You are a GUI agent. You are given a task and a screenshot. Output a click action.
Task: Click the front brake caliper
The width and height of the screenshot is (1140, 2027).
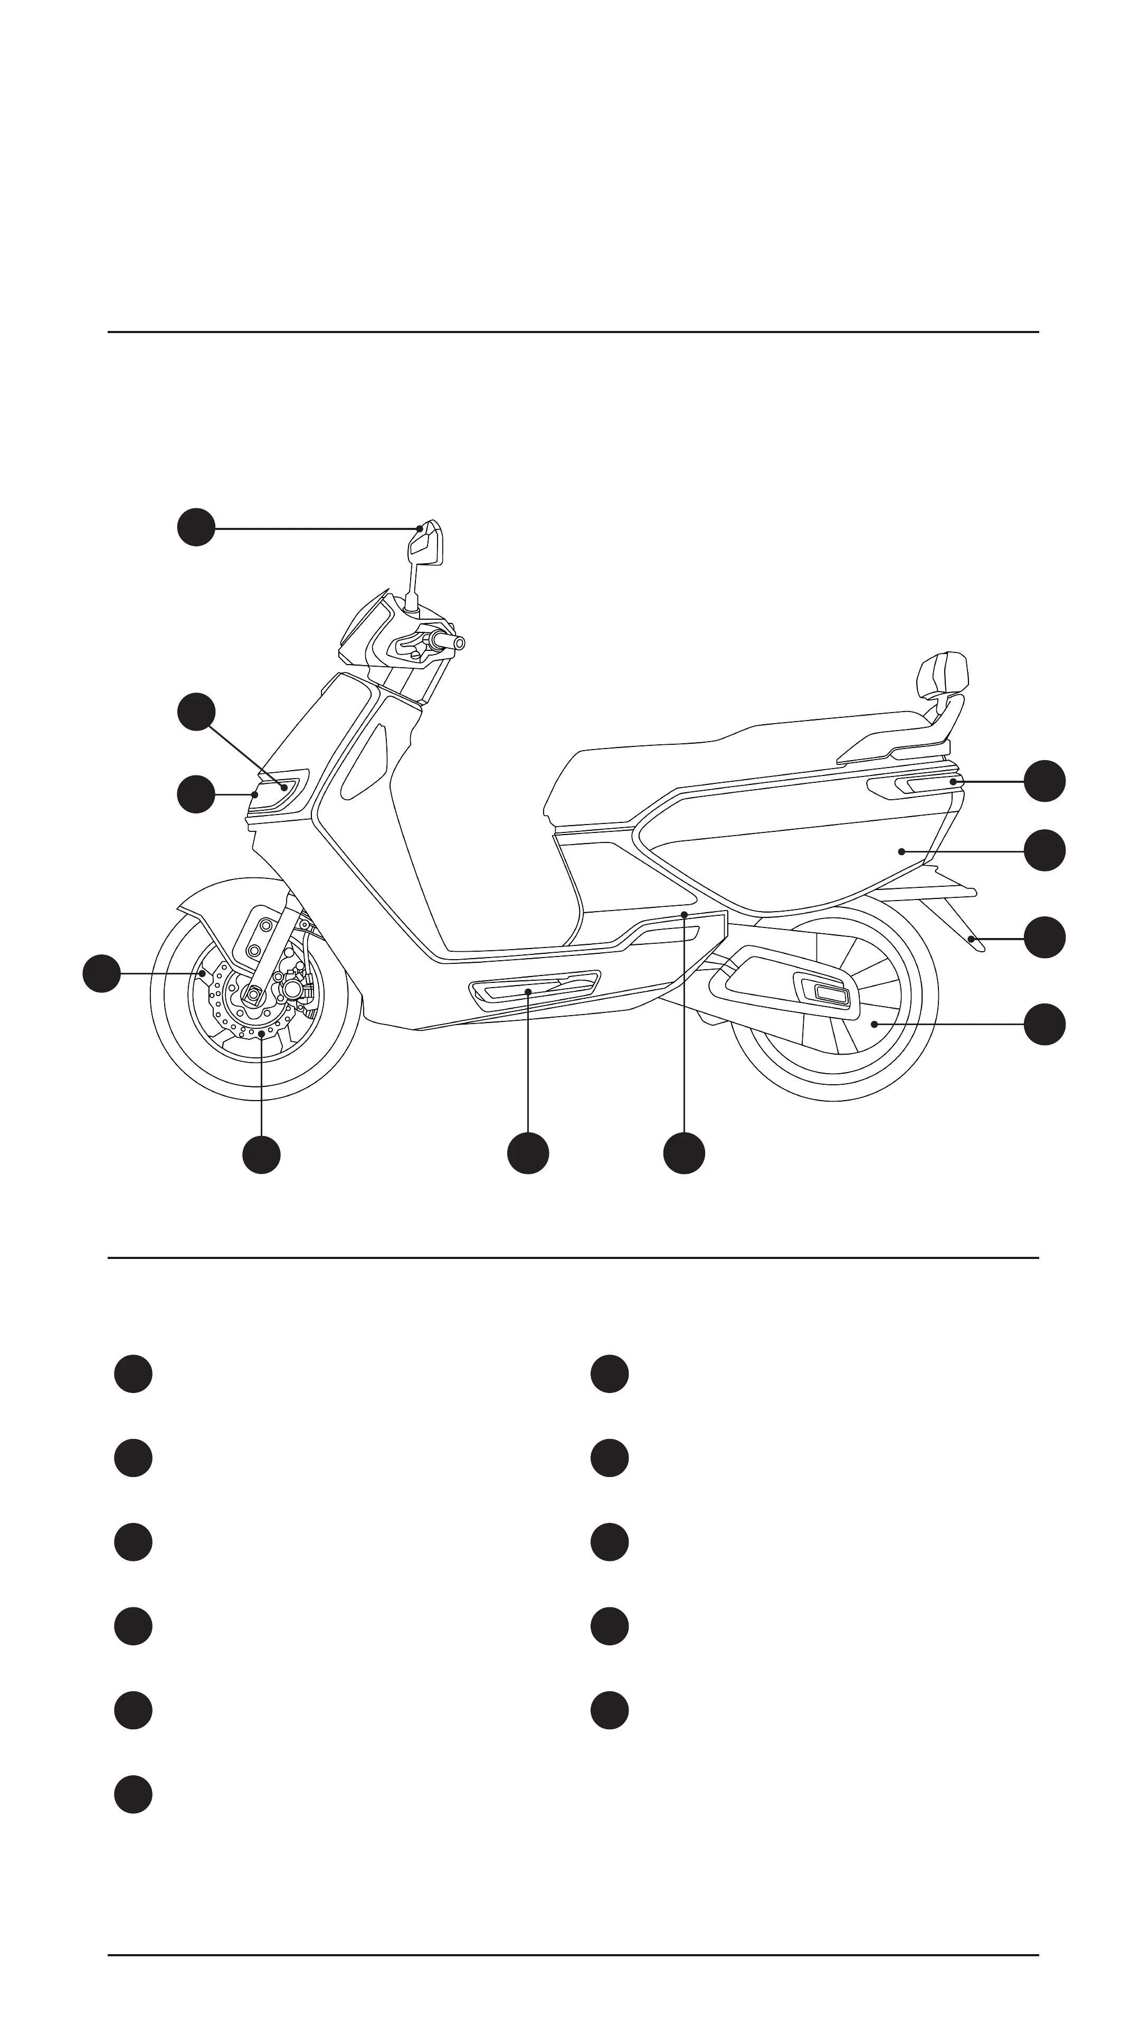294,987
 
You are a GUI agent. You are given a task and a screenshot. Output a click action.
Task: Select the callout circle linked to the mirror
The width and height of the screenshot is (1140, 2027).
196,527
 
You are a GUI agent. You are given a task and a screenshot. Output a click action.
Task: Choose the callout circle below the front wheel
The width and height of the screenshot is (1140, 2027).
262,1154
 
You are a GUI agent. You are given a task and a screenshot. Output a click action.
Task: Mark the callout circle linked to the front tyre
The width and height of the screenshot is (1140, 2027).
101,973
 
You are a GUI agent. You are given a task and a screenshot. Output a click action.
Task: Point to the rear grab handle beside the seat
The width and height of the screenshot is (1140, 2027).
913,786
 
